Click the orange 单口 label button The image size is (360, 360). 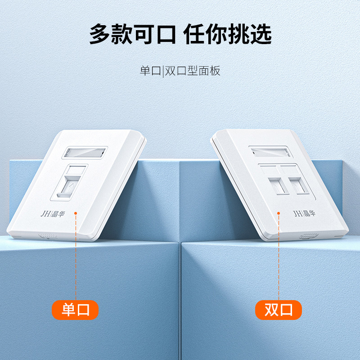coord(75,310)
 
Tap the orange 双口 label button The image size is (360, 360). coord(278,310)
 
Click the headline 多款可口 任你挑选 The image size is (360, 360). coord(180,34)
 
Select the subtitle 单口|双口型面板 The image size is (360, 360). coord(180,71)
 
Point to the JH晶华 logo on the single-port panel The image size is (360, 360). coord(53,214)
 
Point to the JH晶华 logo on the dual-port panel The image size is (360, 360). coord(305,213)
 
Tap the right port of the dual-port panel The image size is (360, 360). coord(298,185)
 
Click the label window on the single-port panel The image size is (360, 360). coord(85,153)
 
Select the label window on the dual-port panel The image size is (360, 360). coord(271,152)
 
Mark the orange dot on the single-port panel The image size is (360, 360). coord(76,213)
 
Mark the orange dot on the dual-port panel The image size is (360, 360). coord(279,213)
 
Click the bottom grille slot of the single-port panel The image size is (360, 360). coord(48,236)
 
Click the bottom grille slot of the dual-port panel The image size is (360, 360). coord(309,235)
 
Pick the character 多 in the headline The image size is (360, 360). coord(99,34)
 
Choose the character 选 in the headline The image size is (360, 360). coord(261,34)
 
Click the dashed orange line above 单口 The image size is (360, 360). coord(76,257)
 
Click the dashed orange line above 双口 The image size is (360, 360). coord(279,257)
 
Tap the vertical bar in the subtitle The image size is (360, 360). coord(163,72)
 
